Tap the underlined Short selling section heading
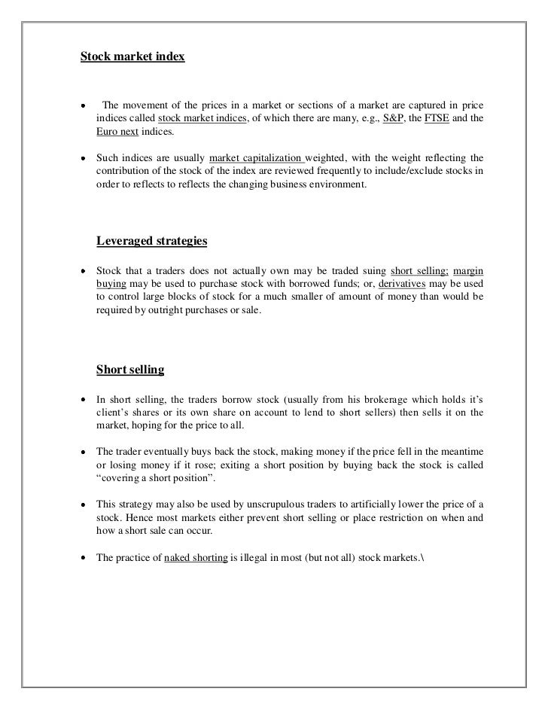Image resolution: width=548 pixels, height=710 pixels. click(130, 370)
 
